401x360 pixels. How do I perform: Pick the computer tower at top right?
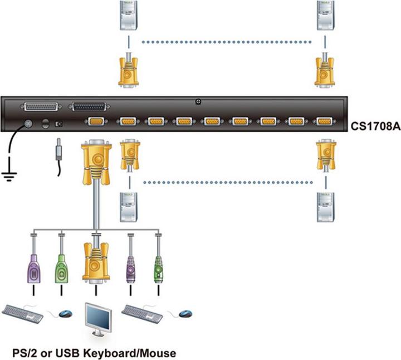click(x=325, y=15)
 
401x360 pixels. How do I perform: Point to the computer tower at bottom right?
click(x=325, y=207)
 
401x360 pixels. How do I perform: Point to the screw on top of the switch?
click(x=199, y=102)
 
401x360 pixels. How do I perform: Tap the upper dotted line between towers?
click(x=227, y=41)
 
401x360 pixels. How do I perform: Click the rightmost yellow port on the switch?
click(x=324, y=121)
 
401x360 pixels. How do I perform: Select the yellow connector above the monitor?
click(x=96, y=262)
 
